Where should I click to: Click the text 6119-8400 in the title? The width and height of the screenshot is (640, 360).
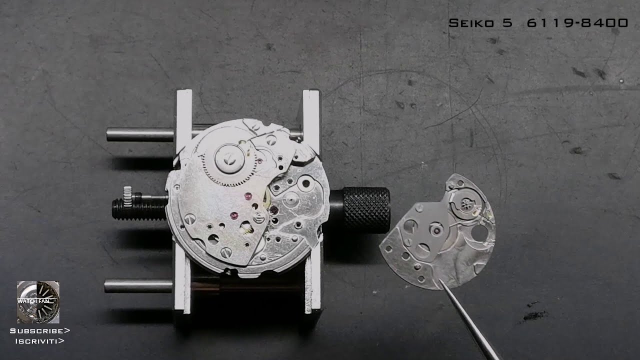coord(577,23)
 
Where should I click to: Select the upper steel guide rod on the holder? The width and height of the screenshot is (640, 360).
coord(140,134)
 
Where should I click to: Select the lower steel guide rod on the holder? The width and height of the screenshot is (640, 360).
coord(138,286)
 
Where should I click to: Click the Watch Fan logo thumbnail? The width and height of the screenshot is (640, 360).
coord(38,301)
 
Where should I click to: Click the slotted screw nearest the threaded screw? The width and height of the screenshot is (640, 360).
coord(189,218)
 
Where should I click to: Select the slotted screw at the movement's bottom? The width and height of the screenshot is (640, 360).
coord(226,252)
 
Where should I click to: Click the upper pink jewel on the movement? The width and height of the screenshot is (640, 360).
coord(246,195)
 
